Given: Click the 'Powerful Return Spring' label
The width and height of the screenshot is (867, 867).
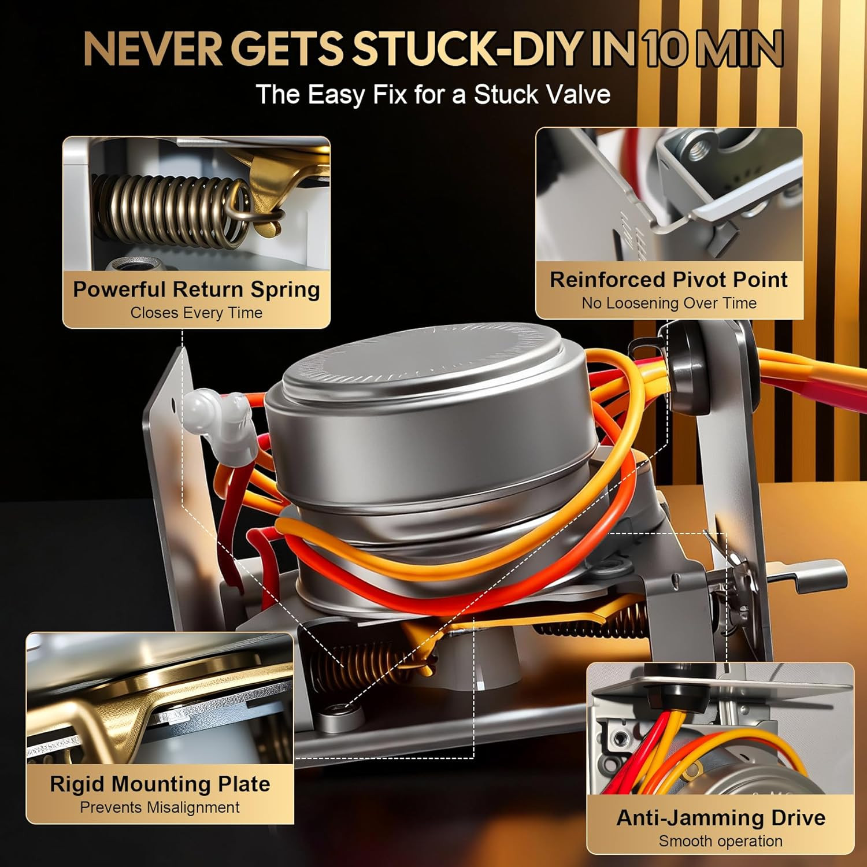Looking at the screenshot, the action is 197,289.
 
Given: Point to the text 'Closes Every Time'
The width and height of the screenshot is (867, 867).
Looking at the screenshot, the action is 197,313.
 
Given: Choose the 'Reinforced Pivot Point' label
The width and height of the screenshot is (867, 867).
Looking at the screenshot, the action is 669,280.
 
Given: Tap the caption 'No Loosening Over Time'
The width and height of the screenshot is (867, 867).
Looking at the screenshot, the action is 669,303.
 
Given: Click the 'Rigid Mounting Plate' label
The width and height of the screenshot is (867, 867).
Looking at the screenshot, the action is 160,784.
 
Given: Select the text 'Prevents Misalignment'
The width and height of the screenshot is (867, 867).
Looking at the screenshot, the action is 160,807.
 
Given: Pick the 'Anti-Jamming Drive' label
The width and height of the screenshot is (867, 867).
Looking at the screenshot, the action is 721,818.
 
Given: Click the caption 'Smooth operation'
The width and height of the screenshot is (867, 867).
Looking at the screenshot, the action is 721,842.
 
